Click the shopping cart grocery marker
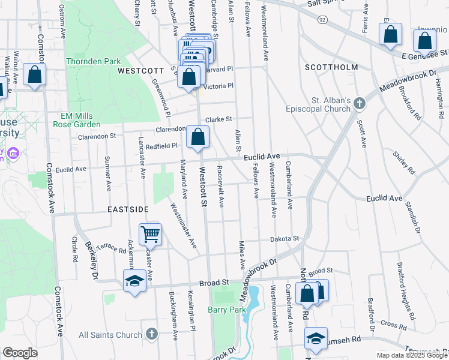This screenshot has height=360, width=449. click(150, 234)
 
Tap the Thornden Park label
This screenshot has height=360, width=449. click(93, 61)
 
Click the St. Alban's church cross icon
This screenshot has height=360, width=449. click(359, 103)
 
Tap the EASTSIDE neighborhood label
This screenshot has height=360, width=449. click(128, 209)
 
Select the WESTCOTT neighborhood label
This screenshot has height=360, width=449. click(137, 70)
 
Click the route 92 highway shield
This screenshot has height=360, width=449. click(322, 20)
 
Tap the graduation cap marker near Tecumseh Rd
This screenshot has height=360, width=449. click(316, 338)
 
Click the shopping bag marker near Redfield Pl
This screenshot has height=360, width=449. click(197, 137)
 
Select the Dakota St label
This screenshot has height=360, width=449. click(283, 239)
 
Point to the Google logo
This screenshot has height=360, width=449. click(20, 353)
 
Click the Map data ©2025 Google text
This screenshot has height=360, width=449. click(411, 355)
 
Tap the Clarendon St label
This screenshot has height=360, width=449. click(97, 136)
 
